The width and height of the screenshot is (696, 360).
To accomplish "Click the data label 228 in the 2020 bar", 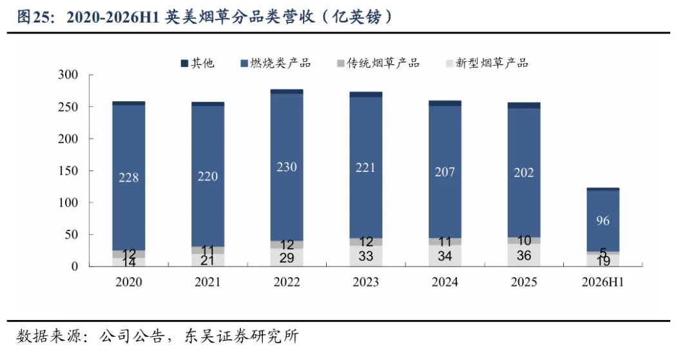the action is coord(129,177).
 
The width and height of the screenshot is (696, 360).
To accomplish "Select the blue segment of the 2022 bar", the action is coord(287,167).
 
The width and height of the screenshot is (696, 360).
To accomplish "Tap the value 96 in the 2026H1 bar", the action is coord(603,220).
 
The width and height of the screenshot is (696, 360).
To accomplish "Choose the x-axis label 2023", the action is coord(366,282).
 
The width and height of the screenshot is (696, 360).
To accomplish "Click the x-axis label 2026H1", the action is coord(603,282).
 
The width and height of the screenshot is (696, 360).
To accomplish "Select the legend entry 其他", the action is coord(198,63).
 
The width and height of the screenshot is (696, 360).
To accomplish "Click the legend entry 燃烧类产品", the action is coord(276,63).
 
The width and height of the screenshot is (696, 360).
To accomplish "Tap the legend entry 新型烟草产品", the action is coord(487,63).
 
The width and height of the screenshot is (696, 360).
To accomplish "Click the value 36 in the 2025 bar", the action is coord(524,256).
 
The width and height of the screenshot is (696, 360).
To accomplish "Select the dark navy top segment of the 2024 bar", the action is coord(445,103).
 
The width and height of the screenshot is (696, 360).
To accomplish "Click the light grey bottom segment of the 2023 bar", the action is coord(366,256).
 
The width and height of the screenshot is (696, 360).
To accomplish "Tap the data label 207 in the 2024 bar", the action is coord(445,171).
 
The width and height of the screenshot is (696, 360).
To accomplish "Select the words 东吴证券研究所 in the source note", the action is coord(242,336).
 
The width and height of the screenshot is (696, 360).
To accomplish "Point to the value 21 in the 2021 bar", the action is coord(208,260).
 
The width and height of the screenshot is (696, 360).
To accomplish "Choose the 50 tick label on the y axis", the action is coord(72,234).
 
